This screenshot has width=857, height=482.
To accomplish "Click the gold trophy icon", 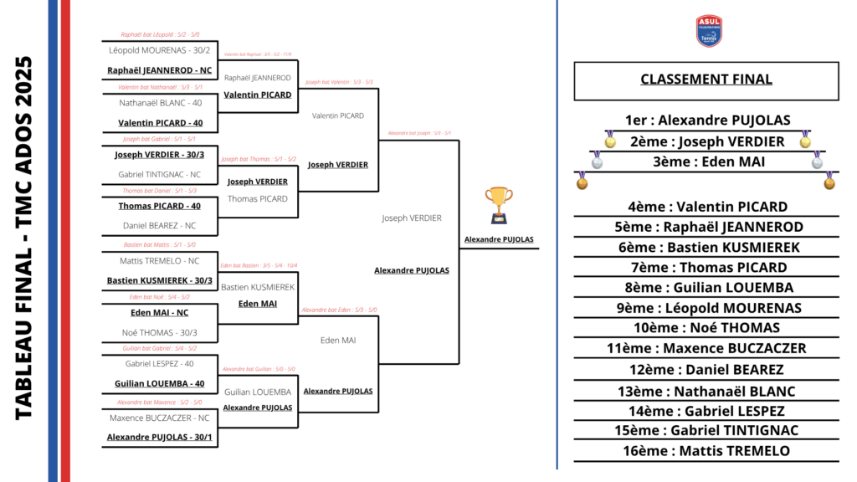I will tap(499, 205).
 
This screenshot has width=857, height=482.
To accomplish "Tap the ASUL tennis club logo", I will tap(709, 31).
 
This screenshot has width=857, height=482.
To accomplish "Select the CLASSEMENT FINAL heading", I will tap(706, 80).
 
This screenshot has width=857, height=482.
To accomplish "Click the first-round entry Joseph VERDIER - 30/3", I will tap(159, 155).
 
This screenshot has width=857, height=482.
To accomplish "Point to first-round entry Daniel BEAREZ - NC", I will tap(159, 226).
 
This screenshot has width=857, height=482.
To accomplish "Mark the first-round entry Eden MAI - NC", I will tap(159, 313).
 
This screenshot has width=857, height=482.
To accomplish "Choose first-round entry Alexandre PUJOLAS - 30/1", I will tap(159, 437).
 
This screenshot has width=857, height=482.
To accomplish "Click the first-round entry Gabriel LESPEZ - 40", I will tap(159, 364).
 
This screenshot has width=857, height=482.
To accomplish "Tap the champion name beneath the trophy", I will tap(499, 240).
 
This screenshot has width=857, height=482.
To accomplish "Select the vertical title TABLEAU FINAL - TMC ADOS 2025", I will tap(24, 238).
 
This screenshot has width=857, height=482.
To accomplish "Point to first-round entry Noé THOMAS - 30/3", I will tap(159, 333).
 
